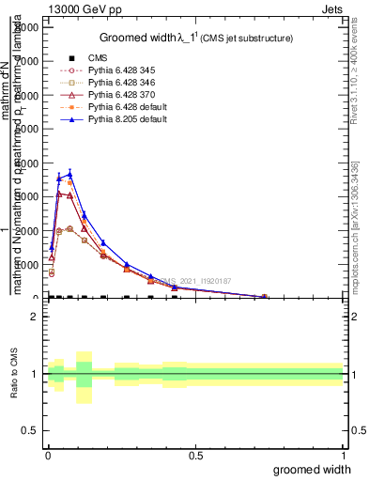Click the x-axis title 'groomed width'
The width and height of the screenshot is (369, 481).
coord(313,468)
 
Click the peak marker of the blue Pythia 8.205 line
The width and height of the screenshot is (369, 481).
coord(69,174)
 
